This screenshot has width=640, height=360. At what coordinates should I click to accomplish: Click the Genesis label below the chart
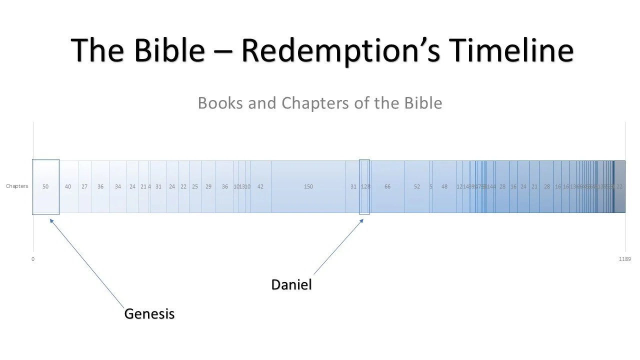pyautogui.click(x=149, y=314)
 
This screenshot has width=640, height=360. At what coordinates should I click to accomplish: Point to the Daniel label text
pyautogui.click(x=291, y=285)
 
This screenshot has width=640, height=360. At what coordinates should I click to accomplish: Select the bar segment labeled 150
pyautogui.click(x=308, y=186)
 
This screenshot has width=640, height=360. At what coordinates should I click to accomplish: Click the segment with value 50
pyautogui.click(x=45, y=186)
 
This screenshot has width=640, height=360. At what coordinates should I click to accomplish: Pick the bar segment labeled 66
pyautogui.click(x=387, y=186)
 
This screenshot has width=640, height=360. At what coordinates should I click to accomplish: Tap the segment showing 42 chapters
pyautogui.click(x=260, y=186)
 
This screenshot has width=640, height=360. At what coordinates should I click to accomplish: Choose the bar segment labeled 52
pyautogui.click(x=417, y=186)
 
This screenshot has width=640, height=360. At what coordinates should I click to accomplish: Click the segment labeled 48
pyautogui.click(x=444, y=186)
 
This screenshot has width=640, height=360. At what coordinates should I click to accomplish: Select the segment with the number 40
pyautogui.click(x=68, y=186)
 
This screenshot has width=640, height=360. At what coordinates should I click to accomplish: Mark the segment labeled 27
pyautogui.click(x=84, y=186)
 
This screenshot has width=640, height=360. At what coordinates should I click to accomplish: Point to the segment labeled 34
pyautogui.click(x=117, y=186)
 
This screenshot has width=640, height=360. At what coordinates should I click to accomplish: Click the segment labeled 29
pyautogui.click(x=208, y=186)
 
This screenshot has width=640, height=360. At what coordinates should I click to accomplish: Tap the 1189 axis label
pyautogui.click(x=624, y=259)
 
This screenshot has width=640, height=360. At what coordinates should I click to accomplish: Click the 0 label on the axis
pyautogui.click(x=33, y=259)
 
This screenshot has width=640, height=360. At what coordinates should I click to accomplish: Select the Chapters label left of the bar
pyautogui.click(x=17, y=186)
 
